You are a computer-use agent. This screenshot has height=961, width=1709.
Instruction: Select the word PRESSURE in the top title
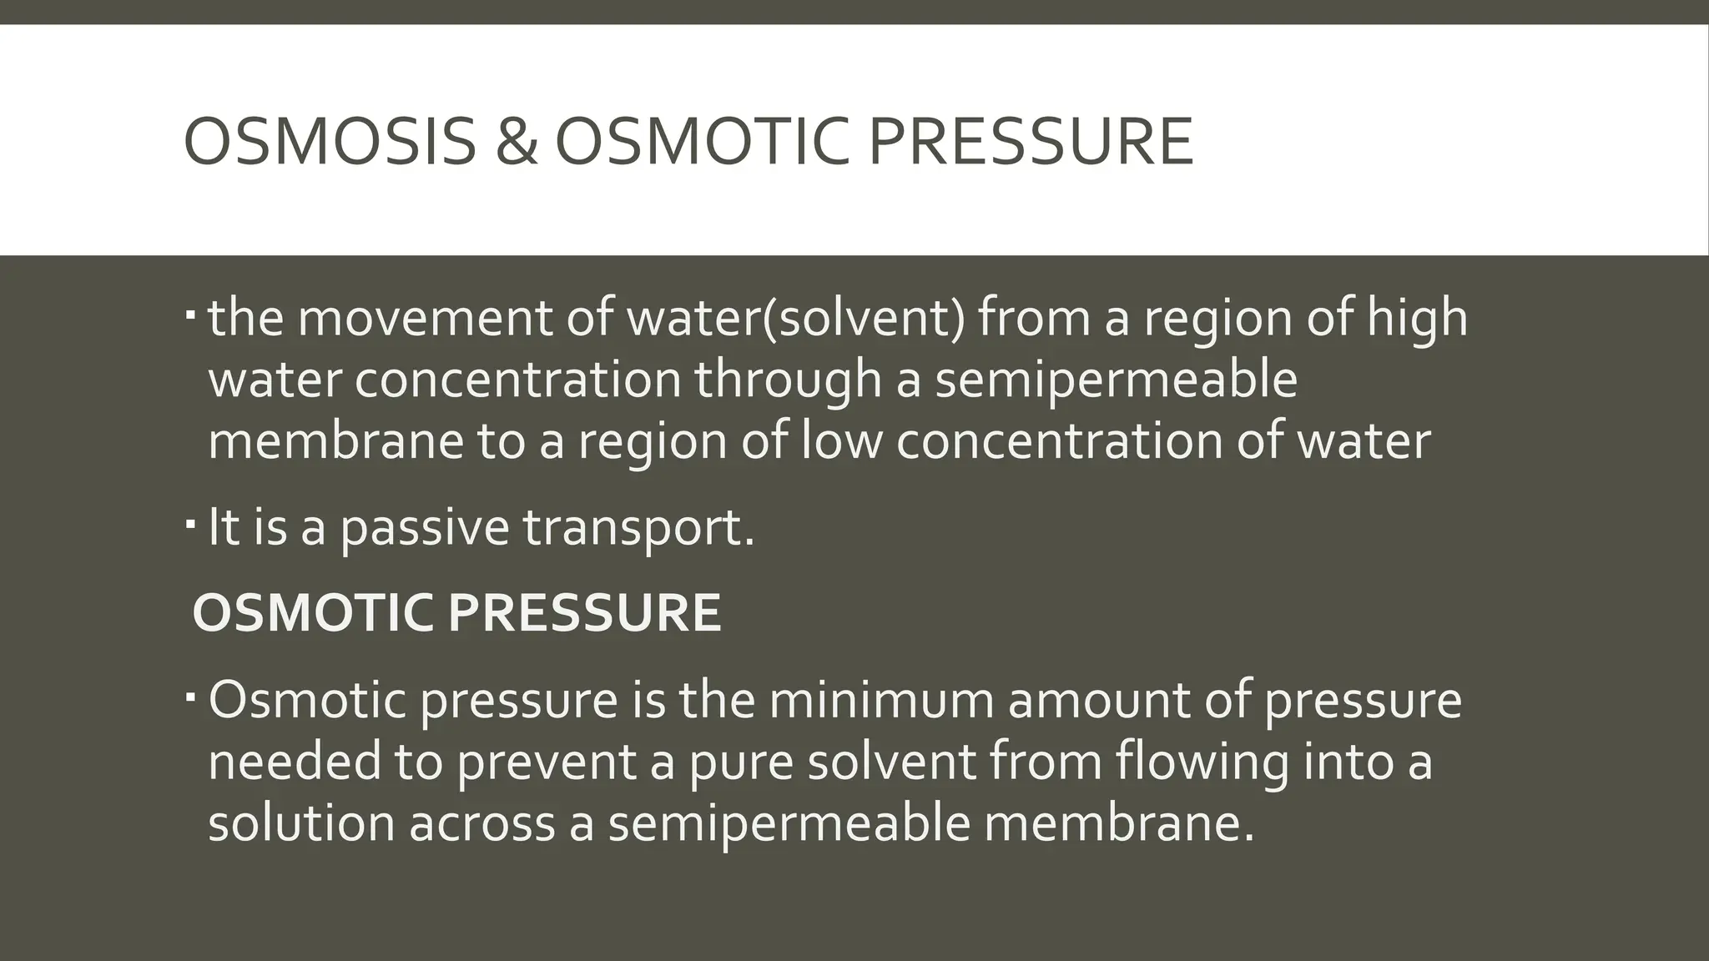(1030, 142)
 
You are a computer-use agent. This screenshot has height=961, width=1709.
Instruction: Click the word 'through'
(788, 380)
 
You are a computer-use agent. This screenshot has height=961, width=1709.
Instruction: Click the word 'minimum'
(881, 699)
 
